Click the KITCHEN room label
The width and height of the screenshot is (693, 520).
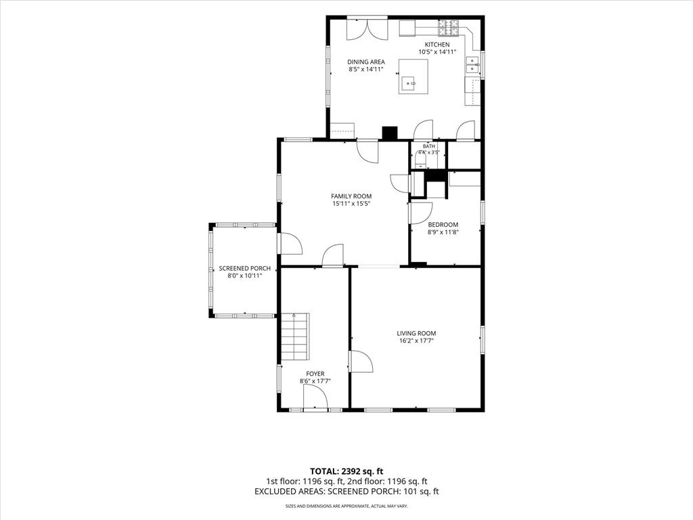click(437, 45)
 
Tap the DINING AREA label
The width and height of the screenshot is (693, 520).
click(366, 62)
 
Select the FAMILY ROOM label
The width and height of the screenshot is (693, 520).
click(351, 196)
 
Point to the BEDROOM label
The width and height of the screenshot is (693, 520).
click(443, 225)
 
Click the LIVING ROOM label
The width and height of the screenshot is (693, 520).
click(416, 333)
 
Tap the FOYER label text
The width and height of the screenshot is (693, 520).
click(315, 374)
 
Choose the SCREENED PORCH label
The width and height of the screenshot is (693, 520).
click(245, 268)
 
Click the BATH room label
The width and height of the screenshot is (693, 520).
click(428, 146)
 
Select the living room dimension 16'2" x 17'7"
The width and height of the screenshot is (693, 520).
click(416, 341)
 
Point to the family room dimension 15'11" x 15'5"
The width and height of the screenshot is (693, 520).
click(351, 204)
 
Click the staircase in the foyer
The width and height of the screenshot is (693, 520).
click(295, 337)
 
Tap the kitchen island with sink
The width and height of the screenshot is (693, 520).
click(413, 77)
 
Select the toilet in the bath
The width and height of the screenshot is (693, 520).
click(420, 160)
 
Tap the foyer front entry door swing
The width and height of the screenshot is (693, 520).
click(315, 396)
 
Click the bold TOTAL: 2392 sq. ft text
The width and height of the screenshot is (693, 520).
click(346, 471)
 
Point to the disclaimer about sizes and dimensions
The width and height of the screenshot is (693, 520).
click(346, 506)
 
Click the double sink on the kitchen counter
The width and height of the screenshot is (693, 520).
click(472, 65)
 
